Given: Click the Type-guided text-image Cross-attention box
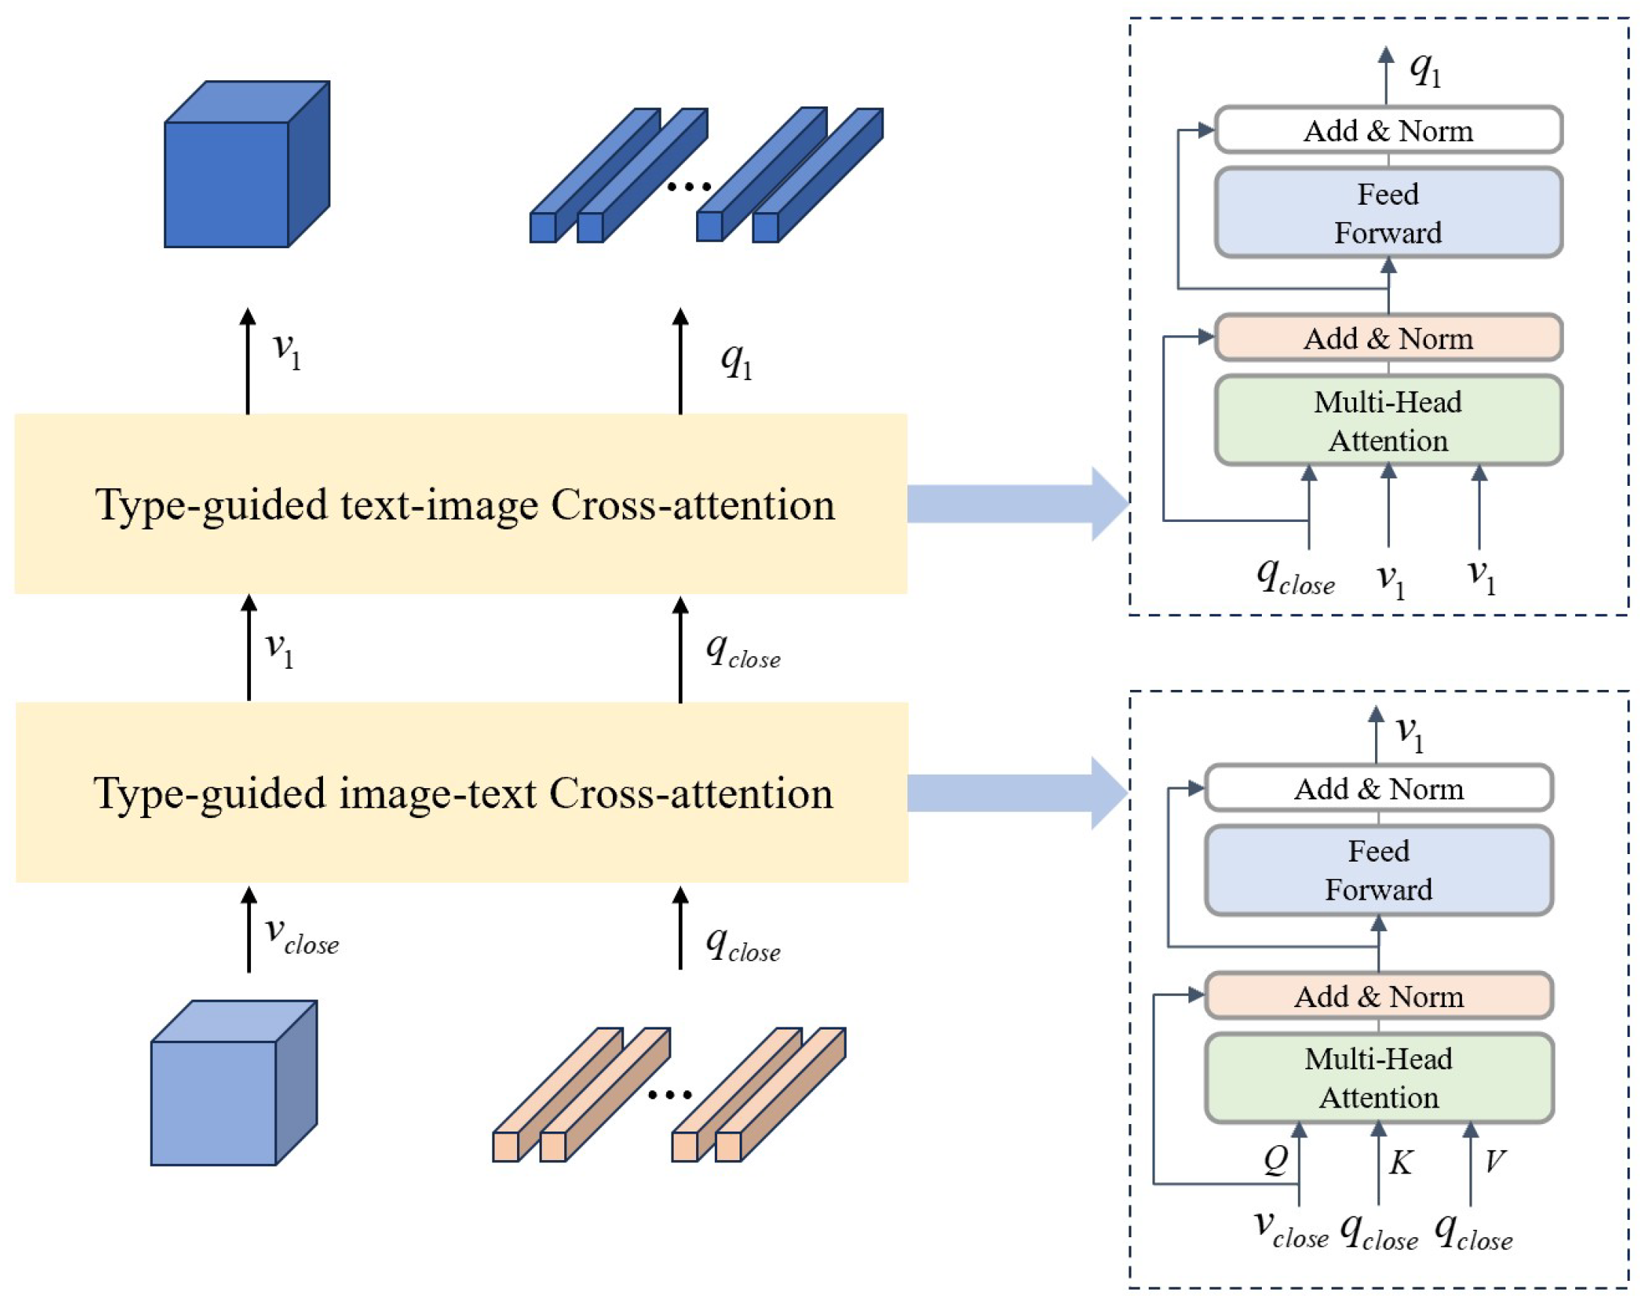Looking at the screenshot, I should pos(461,505).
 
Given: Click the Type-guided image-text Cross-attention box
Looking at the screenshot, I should pos(461,793).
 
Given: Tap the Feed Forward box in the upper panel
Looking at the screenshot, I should pos(1387,213).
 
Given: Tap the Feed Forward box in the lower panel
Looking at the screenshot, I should pos(1378,871).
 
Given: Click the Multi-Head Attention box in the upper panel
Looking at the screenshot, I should pos(1387,421).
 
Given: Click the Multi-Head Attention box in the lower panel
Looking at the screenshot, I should pos(1378,1078).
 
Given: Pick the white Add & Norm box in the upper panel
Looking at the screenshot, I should pos(1387,130).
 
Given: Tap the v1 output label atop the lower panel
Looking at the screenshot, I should pos(1409,732).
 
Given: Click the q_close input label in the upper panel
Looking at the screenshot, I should pos(1295,577).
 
